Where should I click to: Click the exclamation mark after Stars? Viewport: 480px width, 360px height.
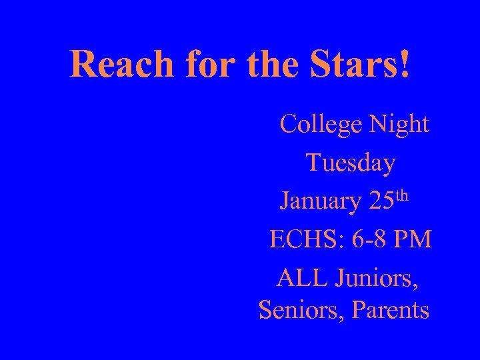[x=405, y=64]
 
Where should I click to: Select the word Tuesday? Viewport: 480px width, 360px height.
[x=351, y=163]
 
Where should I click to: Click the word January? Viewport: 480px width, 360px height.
[x=320, y=201]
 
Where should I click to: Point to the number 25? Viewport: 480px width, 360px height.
[x=382, y=201]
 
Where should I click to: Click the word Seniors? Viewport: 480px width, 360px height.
[x=298, y=311]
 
